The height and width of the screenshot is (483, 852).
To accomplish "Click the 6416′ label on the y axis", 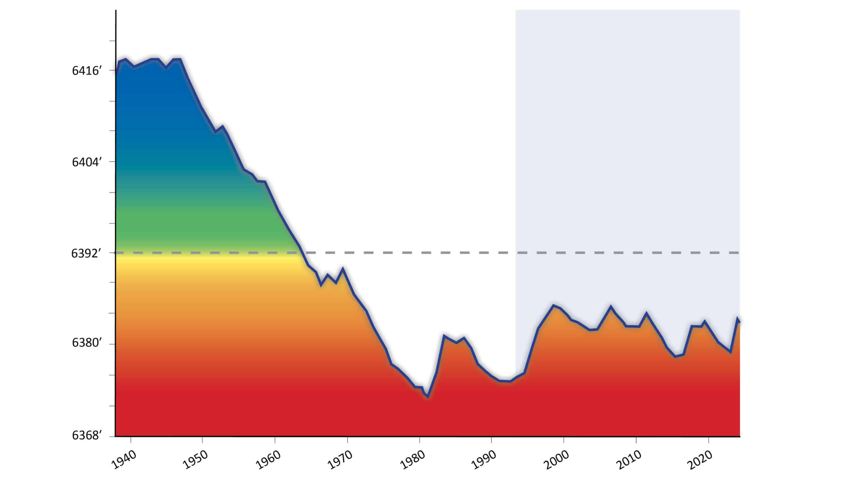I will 86,71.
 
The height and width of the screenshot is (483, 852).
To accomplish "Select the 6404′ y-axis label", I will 86,162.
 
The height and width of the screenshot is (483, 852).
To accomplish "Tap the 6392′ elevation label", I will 86,253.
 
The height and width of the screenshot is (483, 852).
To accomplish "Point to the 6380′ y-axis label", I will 86,343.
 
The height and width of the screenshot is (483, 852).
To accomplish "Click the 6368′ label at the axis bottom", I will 86,435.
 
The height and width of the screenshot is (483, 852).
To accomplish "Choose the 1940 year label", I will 124,460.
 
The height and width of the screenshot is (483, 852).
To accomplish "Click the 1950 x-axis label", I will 195,460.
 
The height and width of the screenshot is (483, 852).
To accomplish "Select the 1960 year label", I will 268,460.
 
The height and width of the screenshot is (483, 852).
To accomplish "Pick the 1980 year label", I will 412,460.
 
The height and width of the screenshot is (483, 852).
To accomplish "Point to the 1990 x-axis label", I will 484,460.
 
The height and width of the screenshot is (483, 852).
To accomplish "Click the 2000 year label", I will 556,460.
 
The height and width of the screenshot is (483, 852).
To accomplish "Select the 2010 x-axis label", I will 629,460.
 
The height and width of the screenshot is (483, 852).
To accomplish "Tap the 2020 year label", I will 701,460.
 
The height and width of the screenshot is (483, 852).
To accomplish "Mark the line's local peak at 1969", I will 343,268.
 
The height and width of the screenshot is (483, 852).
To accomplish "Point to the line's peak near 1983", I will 444,335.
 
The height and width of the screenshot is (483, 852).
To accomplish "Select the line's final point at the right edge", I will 739,322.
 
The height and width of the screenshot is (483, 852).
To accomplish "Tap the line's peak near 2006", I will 610,306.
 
